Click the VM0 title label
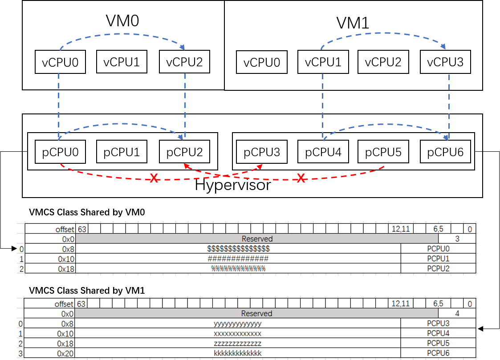click(123, 21)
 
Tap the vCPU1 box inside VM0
click(122, 62)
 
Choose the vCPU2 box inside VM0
click(184, 62)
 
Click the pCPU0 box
click(60, 152)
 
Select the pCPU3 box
click(262, 152)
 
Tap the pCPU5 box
click(383, 152)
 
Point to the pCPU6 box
click(445, 152)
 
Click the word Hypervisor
click(233, 185)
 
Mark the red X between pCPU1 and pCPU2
click(154, 178)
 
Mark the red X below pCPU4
click(301, 178)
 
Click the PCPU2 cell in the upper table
click(438, 268)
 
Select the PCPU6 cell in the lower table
click(438, 353)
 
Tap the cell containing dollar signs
click(239, 248)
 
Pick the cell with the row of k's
click(238, 353)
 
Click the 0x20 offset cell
click(65, 353)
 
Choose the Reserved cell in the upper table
click(257, 239)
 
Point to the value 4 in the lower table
click(457, 314)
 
